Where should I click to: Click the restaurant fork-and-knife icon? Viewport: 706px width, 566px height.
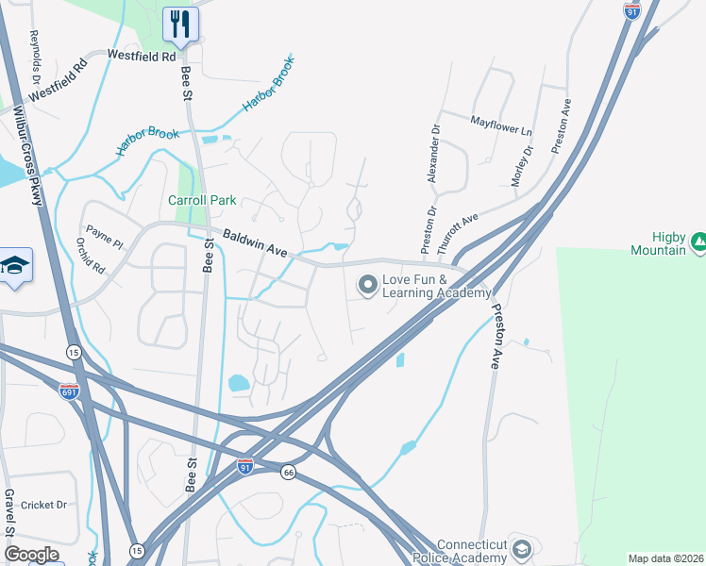pyautogui.click(x=180, y=24)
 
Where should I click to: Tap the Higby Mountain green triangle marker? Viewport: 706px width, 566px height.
pyautogui.click(x=698, y=242)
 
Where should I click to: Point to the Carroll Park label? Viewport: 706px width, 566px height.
pyautogui.click(x=202, y=201)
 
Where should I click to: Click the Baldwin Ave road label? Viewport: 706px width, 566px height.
pyautogui.click(x=255, y=244)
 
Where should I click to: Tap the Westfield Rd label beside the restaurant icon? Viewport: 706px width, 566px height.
pyautogui.click(x=142, y=57)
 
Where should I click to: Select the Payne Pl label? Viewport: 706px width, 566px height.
pyautogui.click(x=104, y=236)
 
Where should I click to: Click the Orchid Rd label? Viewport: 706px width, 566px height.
pyautogui.click(x=92, y=255)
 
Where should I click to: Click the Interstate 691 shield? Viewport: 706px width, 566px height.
pyautogui.click(x=69, y=391)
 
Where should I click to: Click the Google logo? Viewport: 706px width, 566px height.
pyautogui.click(x=30, y=555)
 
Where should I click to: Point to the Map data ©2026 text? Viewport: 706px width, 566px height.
pyautogui.click(x=665, y=558)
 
